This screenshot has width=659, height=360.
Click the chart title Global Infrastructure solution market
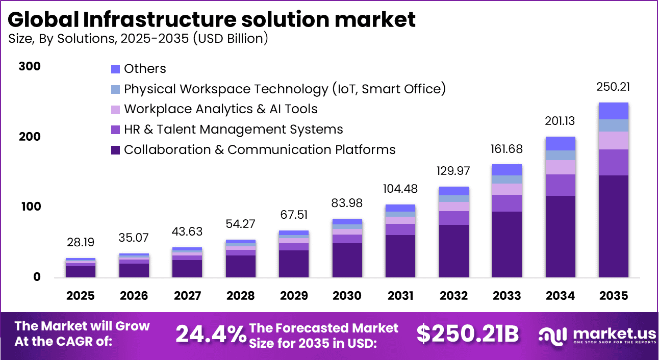212,19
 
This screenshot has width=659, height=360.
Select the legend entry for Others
145,68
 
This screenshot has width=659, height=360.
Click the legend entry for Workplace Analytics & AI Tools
220,109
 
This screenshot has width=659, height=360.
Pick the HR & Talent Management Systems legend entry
233,130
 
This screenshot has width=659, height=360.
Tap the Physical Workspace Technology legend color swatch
115,89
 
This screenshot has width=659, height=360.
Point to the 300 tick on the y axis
29,67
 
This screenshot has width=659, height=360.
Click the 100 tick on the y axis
29,207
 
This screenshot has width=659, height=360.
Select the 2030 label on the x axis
347,296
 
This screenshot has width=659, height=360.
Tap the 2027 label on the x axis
187,296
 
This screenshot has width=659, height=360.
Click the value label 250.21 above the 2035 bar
613,87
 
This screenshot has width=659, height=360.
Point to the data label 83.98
347,203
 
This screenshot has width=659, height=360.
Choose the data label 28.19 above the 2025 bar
81,242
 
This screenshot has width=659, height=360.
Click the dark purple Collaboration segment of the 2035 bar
613,226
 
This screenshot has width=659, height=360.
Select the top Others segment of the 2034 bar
560,143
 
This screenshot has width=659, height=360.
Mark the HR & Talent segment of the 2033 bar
506,203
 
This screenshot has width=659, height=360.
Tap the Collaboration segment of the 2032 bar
453,251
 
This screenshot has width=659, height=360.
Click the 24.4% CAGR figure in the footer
211,335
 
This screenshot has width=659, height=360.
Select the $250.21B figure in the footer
467,335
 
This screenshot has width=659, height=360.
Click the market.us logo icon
553,335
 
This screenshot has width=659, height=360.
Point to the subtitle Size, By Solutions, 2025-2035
138,39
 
